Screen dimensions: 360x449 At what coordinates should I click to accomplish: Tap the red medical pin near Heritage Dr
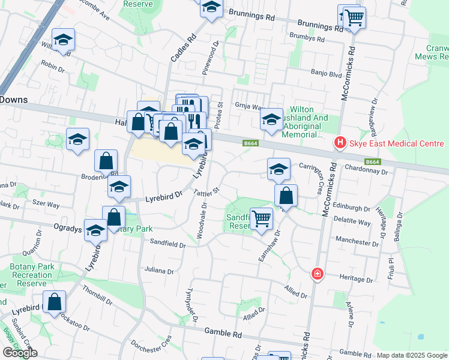[317, 274]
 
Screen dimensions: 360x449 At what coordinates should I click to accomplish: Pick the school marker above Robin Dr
[63, 40]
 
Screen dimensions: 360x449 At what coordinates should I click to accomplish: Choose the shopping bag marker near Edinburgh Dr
[286, 195]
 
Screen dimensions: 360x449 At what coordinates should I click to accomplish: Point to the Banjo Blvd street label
[326, 74]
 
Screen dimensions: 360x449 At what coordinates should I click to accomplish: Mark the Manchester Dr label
[357, 242]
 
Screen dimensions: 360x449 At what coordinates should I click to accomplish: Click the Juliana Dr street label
[158, 271]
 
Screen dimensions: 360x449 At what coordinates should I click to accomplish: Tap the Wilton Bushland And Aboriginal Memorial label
[309, 122]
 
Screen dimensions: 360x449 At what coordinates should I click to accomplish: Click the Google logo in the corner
[20, 352]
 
